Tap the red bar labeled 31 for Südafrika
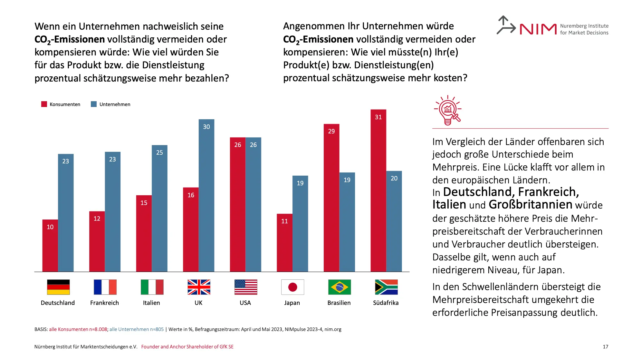(x=378, y=190)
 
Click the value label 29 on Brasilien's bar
(x=331, y=131)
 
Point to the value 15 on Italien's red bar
(x=144, y=203)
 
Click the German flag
(x=58, y=287)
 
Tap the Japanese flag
(x=292, y=287)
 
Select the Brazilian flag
(x=339, y=287)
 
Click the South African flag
(x=386, y=287)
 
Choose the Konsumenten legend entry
(x=61, y=104)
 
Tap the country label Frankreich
(x=104, y=303)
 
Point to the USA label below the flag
(x=245, y=303)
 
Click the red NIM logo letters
(x=538, y=29)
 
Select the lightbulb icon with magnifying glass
(x=448, y=110)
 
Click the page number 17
(x=605, y=346)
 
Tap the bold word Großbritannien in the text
(x=530, y=204)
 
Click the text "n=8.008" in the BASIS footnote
(x=98, y=329)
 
